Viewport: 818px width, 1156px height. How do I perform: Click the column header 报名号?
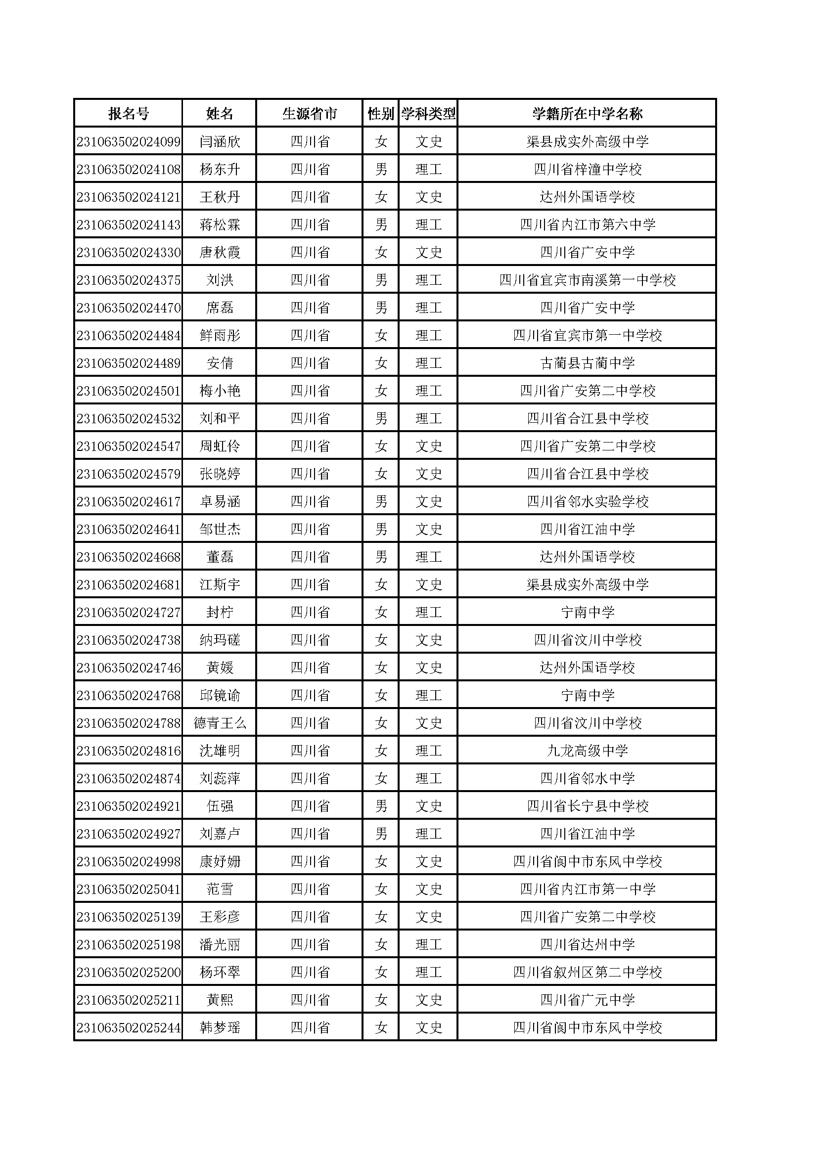click(129, 114)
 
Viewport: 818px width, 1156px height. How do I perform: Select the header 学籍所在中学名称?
click(588, 114)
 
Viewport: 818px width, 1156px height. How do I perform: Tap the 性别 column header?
click(381, 114)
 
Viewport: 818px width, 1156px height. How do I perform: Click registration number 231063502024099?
click(129, 142)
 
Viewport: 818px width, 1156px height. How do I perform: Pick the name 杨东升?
click(220, 170)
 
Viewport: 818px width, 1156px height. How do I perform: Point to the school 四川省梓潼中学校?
click(588, 170)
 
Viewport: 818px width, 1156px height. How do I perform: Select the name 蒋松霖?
click(220, 225)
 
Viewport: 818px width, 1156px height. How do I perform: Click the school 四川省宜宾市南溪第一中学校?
click(588, 280)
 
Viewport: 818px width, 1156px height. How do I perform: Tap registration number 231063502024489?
click(129, 363)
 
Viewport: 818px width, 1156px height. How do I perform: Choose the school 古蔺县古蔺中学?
click(588, 363)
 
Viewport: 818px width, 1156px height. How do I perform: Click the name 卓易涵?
click(220, 502)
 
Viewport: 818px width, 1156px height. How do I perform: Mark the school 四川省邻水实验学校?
click(588, 502)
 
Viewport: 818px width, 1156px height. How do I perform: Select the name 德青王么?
click(220, 723)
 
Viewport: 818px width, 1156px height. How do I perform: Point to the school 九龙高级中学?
click(588, 751)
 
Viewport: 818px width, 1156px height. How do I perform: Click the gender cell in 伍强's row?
click(381, 806)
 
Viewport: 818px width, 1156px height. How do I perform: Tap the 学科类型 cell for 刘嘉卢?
click(429, 834)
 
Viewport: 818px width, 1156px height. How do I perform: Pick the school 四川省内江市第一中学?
click(588, 889)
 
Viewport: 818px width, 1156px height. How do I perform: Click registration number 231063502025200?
click(129, 973)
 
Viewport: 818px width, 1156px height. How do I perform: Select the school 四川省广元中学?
click(588, 1000)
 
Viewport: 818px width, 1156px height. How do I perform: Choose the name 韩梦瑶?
click(220, 1028)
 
